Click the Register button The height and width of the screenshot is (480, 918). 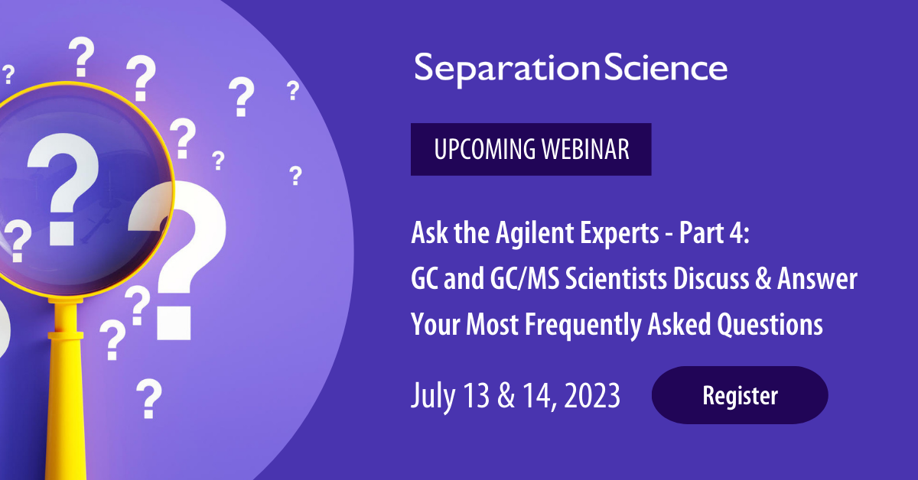point(740,395)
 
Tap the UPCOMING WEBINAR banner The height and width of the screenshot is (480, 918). point(531,149)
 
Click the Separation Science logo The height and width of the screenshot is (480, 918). point(571,70)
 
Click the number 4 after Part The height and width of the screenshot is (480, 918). point(739,233)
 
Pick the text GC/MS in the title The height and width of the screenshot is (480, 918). point(525,279)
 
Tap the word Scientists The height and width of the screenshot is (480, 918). point(617,279)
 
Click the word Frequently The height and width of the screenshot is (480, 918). point(583,325)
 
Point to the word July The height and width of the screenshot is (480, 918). point(433,396)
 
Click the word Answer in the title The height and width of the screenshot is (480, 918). point(817,279)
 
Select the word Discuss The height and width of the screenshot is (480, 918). point(711,279)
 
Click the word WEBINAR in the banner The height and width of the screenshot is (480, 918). point(585,149)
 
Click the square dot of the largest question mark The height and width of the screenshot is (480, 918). point(174,323)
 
